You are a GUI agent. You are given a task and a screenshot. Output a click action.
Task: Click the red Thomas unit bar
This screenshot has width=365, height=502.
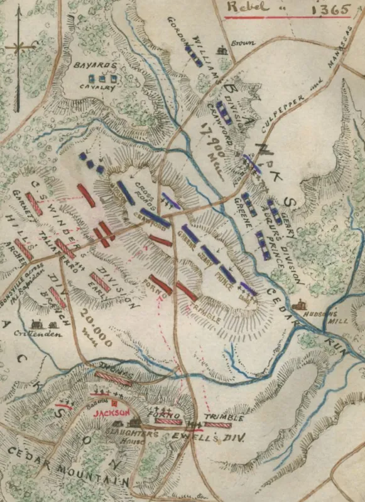point(114,378)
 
